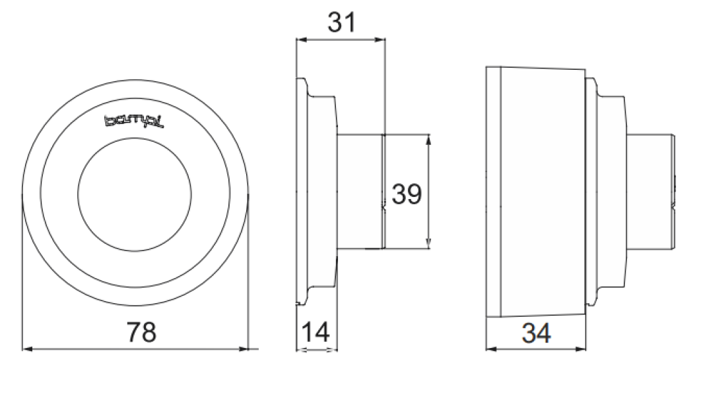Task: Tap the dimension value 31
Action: [x=341, y=24]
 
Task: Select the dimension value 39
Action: [x=407, y=194]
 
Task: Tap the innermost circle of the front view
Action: [x=135, y=192]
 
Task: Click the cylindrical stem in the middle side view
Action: [x=360, y=192]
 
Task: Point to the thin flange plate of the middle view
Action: [x=302, y=192]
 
